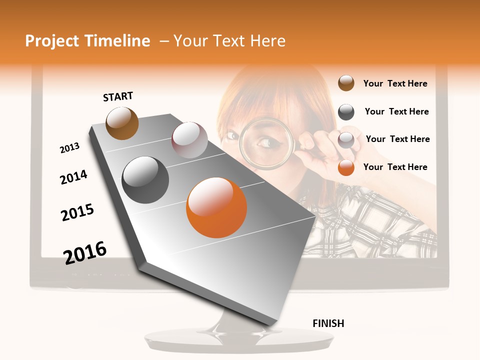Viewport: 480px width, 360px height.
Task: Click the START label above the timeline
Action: (x=118, y=96)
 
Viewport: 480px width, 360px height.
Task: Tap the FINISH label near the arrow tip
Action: (x=328, y=323)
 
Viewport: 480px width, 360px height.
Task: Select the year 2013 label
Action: (x=69, y=148)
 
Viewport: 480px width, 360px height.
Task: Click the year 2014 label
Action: (x=73, y=177)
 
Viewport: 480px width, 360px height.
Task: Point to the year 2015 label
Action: (x=77, y=212)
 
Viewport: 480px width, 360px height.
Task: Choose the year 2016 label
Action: (x=85, y=252)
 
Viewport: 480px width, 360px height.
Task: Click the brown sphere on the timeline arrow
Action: (x=122, y=123)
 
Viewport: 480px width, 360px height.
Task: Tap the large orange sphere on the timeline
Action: (x=216, y=207)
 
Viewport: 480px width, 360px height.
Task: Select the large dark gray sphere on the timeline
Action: (x=145, y=180)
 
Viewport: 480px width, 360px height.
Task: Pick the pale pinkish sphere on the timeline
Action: (x=189, y=140)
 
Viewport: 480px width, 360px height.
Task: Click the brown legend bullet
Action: (x=346, y=83)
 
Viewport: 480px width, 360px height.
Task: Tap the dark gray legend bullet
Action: (x=346, y=112)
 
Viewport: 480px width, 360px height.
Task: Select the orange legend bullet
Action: (x=346, y=167)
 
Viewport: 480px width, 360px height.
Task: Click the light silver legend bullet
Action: (x=346, y=140)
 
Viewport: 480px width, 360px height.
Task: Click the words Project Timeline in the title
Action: (x=87, y=41)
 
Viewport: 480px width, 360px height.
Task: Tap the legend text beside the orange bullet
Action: (x=395, y=167)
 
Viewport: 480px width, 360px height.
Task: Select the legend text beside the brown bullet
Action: (x=395, y=83)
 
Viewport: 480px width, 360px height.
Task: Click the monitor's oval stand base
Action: (x=239, y=341)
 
